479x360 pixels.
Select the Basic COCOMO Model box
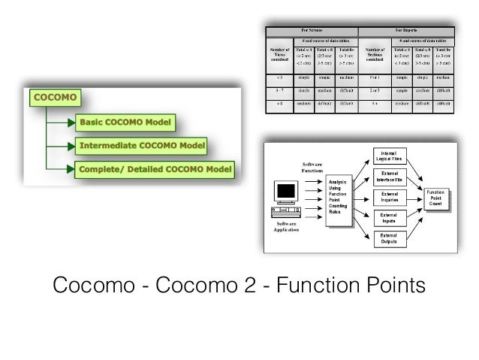125,122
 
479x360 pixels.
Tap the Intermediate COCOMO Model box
142,145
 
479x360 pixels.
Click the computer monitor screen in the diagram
286,192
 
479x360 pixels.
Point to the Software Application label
286,227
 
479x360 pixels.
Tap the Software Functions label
312,168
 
